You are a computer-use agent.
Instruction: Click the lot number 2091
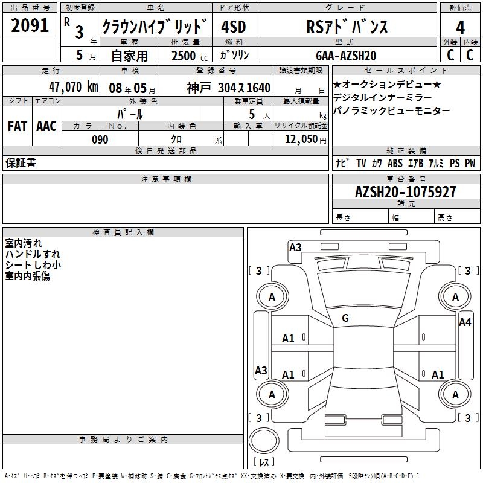pos(30,25)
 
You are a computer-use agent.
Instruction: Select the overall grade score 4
pos(460,27)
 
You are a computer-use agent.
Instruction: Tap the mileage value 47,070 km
pos(74,87)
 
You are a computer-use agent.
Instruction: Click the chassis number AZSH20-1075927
pos(406,191)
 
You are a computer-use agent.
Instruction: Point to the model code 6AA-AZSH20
pos(346,56)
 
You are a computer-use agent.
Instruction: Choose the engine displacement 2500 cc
pos(190,56)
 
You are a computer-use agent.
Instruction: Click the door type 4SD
pos(234,27)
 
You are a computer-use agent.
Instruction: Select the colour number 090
pos(100,139)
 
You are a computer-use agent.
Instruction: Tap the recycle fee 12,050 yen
pos(305,139)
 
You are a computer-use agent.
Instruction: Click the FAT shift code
pos(18,126)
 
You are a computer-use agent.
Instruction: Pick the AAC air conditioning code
pos(46,126)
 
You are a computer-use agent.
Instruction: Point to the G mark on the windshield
pos(345,318)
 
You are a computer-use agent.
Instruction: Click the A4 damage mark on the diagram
pos(465,322)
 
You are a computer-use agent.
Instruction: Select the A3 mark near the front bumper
pos(295,247)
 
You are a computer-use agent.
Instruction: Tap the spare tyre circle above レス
pos(264,441)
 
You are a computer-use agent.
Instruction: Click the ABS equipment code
pos(395,163)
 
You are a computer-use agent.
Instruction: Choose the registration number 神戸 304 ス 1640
pos(229,88)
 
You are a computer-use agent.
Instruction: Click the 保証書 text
pos(21,162)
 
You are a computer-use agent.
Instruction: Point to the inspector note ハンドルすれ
pos(33,254)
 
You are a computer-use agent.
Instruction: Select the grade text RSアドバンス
pos(347,27)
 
